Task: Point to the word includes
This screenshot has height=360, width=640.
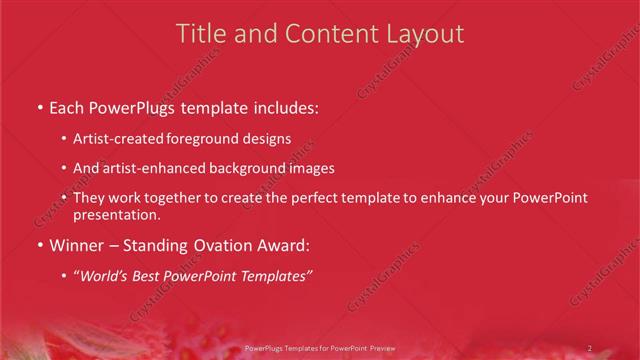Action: (285, 106)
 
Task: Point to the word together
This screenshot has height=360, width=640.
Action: (169, 199)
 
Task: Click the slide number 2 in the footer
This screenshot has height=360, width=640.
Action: (589, 348)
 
